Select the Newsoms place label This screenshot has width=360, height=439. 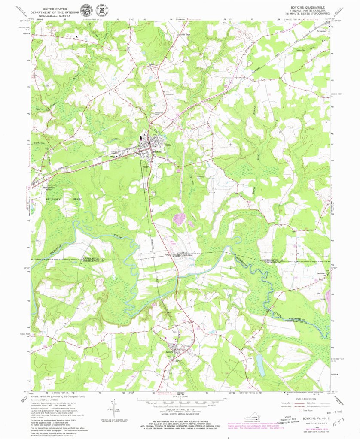pos(321,31)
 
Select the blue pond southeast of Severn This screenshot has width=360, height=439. pos(260,365)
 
